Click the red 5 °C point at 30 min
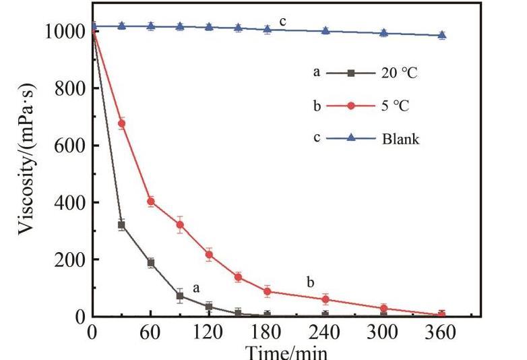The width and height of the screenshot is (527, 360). click(122, 123)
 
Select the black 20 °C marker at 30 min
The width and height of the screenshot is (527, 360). click(122, 224)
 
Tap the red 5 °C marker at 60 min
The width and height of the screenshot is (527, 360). click(151, 201)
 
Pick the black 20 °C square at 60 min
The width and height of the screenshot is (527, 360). click(151, 262)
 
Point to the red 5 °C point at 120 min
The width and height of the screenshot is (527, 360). click(209, 254)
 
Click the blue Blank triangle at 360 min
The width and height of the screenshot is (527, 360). click(442, 35)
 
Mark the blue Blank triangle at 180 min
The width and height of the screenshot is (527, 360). click(268, 29)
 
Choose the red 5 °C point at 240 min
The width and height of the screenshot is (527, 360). click(325, 299)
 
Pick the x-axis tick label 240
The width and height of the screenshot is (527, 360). click(325, 332)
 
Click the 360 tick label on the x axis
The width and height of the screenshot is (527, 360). click(442, 332)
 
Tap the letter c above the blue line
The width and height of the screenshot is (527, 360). click(283, 22)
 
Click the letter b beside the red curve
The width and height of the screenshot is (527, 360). click(310, 282)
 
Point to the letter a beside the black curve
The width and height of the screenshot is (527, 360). click(197, 288)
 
